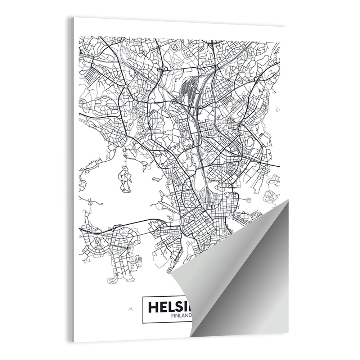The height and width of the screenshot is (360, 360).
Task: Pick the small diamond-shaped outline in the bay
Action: point(155,179)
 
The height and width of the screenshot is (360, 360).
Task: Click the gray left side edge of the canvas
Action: point(72,180)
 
